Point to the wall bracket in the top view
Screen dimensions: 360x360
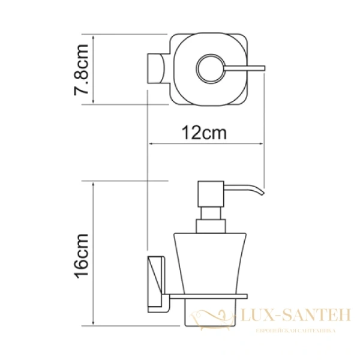157,70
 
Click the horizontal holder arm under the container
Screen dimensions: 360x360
210,296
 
